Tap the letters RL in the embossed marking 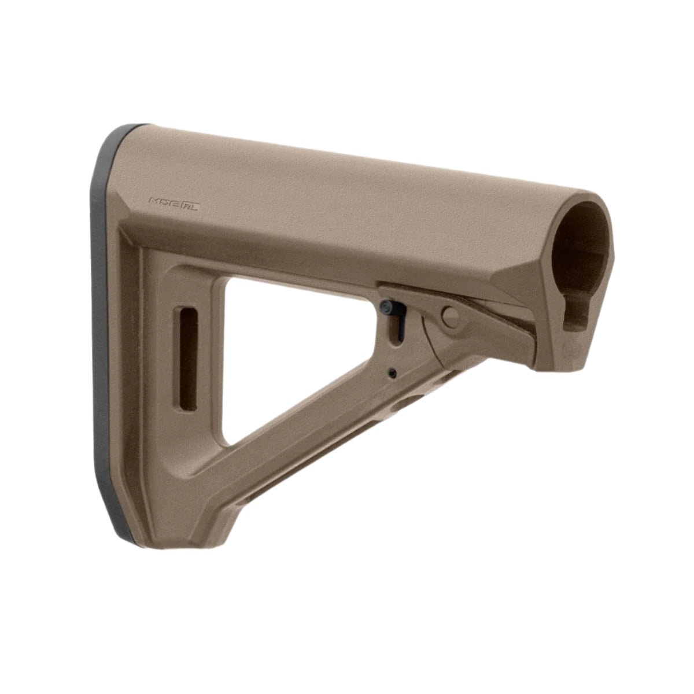[x=189, y=204]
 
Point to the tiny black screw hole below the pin [x=393, y=373]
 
